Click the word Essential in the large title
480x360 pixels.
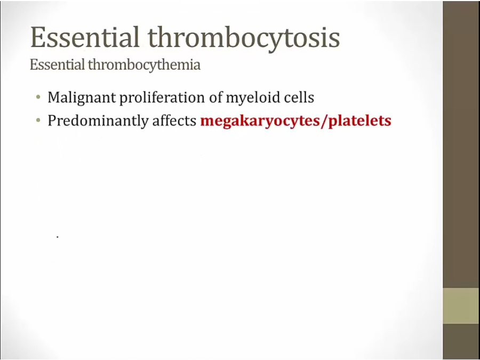pos(85,37)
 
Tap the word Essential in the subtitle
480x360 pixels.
pos(57,65)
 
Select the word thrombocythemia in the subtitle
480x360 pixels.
pos(144,66)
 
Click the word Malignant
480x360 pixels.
pos(82,98)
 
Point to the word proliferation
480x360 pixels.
pos(162,98)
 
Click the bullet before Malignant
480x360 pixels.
pos(38,98)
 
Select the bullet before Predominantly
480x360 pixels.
pos(38,121)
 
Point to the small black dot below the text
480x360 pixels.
pos(58,237)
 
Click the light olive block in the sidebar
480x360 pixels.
pos(461,306)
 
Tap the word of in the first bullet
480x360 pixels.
pos(215,98)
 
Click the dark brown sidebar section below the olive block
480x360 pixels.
pos(461,342)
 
